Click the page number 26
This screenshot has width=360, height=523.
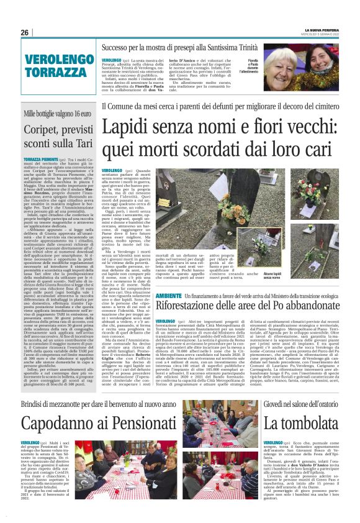pos(25,32)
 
